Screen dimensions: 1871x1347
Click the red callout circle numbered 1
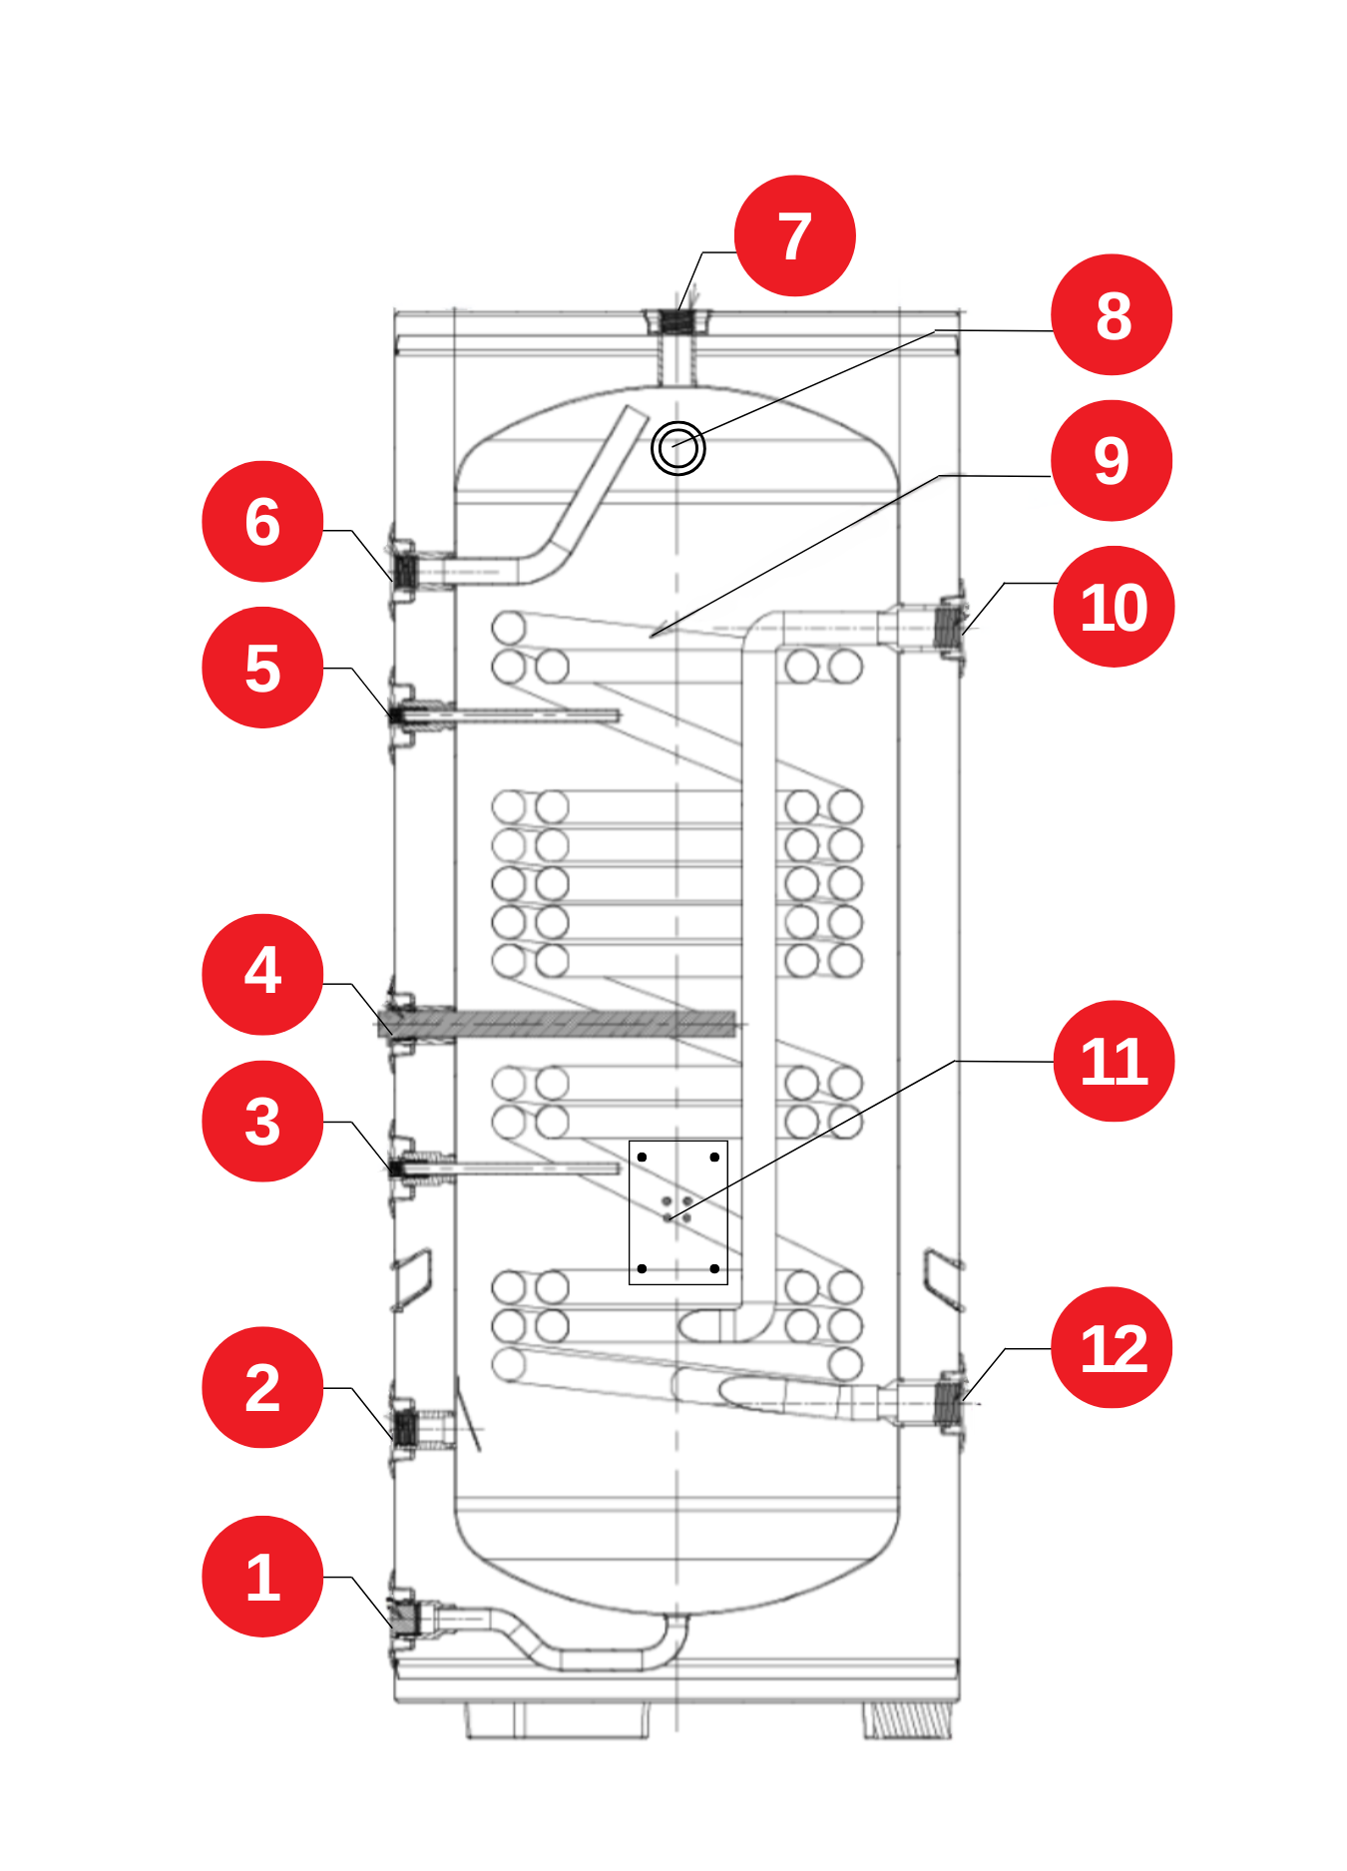(262, 1577)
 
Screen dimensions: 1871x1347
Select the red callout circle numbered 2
(262, 1387)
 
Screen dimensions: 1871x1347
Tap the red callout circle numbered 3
(262, 1121)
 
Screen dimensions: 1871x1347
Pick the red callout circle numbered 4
(262, 974)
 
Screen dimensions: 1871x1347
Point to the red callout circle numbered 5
(262, 668)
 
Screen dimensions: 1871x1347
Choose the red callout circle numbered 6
(262, 521)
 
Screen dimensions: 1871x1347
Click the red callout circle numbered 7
(794, 236)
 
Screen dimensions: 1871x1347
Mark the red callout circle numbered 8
(1112, 315)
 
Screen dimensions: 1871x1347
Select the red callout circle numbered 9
(1112, 461)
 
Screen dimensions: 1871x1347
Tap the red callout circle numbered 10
(1114, 607)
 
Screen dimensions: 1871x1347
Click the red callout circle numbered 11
(1114, 1061)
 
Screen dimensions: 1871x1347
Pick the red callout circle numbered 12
(1112, 1348)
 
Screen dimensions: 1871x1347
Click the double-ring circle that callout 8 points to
(678, 448)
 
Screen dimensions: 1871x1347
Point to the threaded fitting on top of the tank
(677, 321)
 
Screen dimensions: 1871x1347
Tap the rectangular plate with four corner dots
(678, 1212)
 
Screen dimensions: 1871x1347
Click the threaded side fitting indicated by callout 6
(405, 572)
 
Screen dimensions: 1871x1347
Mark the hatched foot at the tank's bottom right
(907, 1720)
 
